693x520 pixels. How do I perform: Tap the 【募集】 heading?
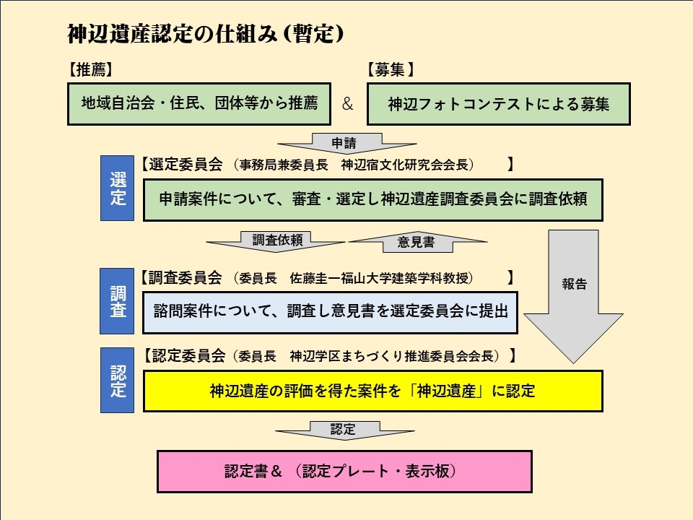(x=391, y=70)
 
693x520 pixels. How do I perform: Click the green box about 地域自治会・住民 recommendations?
(x=199, y=103)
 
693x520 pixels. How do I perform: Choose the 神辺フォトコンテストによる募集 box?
(x=499, y=103)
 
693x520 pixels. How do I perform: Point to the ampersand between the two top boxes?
(x=347, y=104)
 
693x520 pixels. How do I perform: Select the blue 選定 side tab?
(x=118, y=188)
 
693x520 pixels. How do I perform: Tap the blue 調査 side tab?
(x=118, y=301)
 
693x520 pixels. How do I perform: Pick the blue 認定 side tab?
(x=118, y=381)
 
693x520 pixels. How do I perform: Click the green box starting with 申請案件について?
(x=372, y=199)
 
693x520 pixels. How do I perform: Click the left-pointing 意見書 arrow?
(x=418, y=242)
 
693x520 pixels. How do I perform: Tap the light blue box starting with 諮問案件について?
(x=331, y=312)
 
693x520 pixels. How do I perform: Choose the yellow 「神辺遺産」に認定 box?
(x=372, y=391)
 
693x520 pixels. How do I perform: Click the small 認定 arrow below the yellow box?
(x=344, y=430)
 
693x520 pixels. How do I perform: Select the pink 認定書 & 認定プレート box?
(x=344, y=472)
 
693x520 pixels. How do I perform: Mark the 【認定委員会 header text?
(x=183, y=355)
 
